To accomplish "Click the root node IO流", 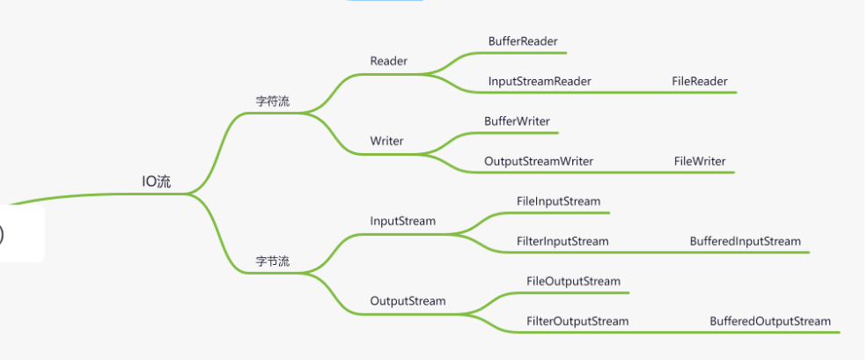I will (157, 182).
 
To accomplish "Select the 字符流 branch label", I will (272, 101).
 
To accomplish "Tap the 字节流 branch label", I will (272, 261).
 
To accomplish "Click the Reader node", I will (388, 62).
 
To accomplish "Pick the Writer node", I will (387, 142).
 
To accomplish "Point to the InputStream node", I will (402, 221).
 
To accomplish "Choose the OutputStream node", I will (408, 301).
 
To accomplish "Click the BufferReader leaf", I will (523, 41).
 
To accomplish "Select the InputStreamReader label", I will (540, 81).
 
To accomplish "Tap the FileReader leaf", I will (700, 81).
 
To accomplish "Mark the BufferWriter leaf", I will (518, 121).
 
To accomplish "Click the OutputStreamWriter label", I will (539, 162).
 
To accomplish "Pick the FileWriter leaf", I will (700, 162).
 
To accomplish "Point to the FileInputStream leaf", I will (558, 202).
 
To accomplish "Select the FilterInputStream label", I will (562, 241).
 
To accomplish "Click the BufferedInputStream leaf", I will (746, 241).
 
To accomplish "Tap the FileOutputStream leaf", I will (573, 282).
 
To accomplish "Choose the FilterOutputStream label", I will (577, 321).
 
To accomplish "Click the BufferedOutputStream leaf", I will (770, 321).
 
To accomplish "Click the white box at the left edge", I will (21, 233).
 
